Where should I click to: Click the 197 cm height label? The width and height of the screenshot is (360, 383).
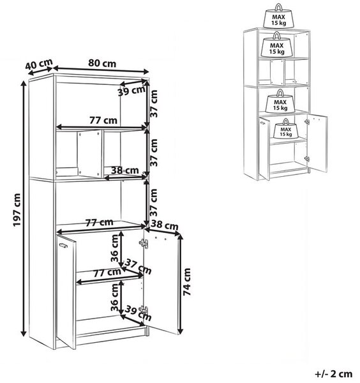(17, 209)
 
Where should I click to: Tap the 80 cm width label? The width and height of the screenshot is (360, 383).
(102, 63)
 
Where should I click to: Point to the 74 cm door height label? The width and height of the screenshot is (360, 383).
(186, 282)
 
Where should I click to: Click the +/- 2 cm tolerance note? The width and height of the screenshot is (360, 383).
(334, 374)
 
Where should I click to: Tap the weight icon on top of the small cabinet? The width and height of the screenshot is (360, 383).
(279, 16)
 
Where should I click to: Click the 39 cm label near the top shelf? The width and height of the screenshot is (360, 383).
(131, 91)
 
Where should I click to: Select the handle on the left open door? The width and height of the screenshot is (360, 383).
(63, 245)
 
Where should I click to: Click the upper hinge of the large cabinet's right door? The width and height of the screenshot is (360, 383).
(144, 243)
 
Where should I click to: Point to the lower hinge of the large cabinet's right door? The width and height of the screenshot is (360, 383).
(144, 310)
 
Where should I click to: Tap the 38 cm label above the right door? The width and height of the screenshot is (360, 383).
(165, 225)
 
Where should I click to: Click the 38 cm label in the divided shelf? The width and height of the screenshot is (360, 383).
(125, 170)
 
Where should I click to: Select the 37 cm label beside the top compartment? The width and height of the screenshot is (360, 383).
(154, 103)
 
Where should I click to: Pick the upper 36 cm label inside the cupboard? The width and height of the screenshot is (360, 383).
(114, 248)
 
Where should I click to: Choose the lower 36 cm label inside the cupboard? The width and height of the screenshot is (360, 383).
(114, 297)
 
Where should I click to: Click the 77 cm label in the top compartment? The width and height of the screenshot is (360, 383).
(103, 121)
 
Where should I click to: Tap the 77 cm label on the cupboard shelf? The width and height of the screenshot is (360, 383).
(107, 273)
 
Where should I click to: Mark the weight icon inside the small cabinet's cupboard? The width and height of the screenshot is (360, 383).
(286, 128)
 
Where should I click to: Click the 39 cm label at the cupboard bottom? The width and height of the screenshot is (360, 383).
(139, 313)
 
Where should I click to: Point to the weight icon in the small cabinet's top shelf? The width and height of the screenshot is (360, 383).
(277, 45)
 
